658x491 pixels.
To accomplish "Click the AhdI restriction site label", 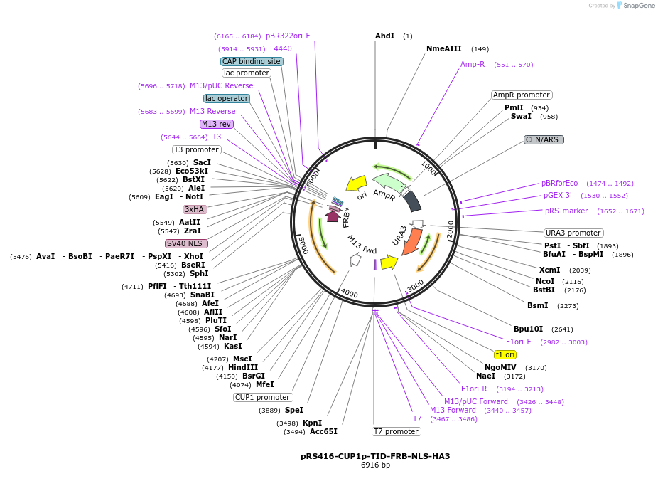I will [384, 36].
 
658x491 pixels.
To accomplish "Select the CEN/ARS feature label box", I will [544, 139].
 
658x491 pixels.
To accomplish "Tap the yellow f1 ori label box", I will [505, 354].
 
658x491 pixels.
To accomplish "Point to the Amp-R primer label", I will [473, 64].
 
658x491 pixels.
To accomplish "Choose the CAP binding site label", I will [252, 61].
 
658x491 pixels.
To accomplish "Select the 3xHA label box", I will [195, 209].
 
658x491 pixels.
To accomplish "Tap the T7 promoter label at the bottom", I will [397, 431].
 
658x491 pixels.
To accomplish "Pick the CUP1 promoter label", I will [263, 397].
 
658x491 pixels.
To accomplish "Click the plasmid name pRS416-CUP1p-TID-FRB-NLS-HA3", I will [375, 456].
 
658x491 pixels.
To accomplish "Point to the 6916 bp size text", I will [375, 465].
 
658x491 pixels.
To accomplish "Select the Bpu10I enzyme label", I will [528, 329].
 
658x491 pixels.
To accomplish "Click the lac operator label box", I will [226, 98].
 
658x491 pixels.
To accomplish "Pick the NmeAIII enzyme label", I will [444, 48].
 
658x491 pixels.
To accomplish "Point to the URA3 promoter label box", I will [573, 233].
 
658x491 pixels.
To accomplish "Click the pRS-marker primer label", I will [566, 211].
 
